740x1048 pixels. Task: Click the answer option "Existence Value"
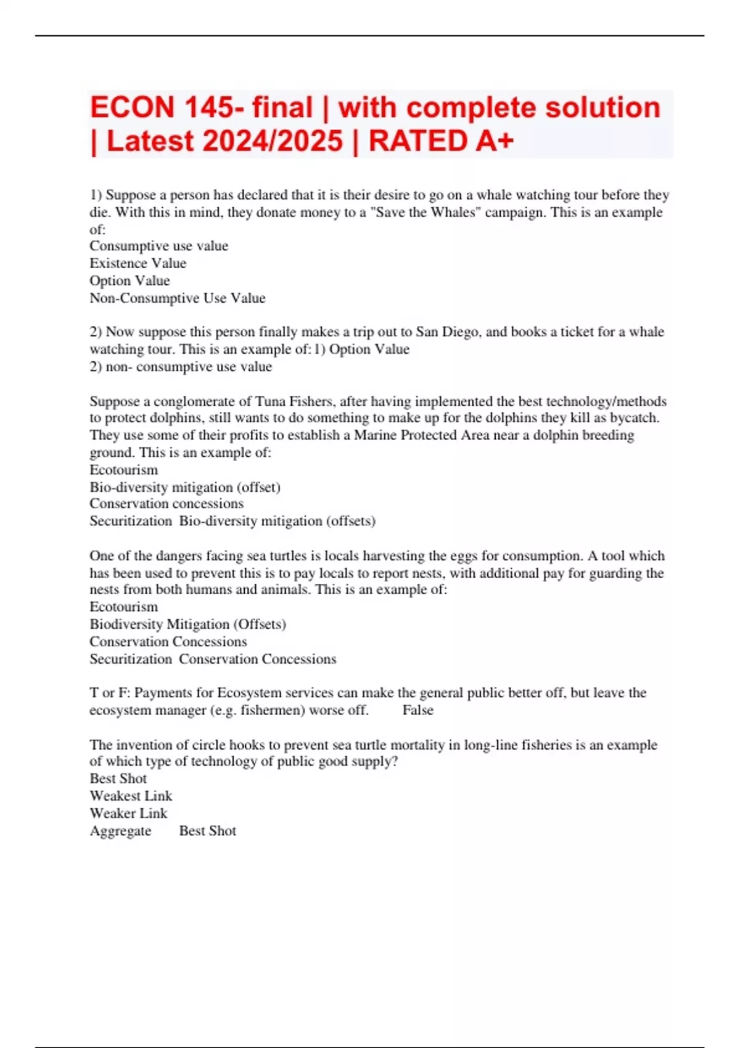tap(138, 263)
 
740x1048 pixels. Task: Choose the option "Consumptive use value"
tap(158, 246)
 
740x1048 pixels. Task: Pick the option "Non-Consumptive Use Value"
tap(178, 298)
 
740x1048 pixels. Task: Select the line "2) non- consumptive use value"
tap(181, 367)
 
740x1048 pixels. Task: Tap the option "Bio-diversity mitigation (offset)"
tap(185, 487)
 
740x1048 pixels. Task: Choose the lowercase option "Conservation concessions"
tap(166, 504)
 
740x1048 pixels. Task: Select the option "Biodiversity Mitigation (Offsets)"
tap(187, 624)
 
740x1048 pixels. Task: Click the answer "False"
tap(417, 710)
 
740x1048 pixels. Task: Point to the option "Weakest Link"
tap(131, 796)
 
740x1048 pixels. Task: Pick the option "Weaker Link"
tap(128, 813)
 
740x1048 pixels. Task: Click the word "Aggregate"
tap(120, 831)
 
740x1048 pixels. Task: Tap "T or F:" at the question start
tap(110, 693)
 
